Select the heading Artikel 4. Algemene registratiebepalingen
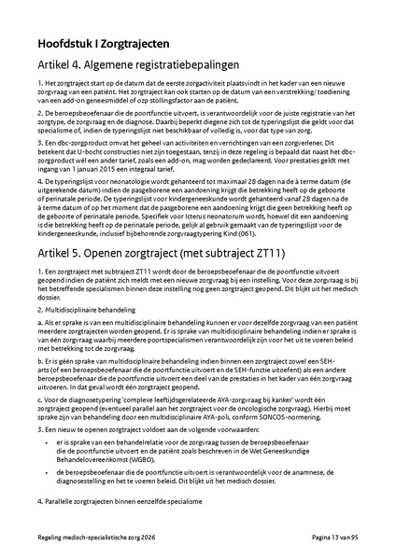[x=146, y=65]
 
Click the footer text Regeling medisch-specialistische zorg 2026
[x=98, y=547]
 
